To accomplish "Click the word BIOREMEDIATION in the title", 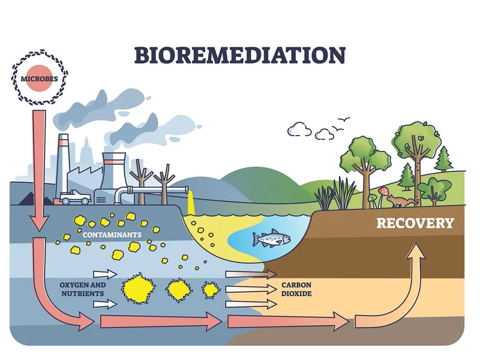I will [x=239, y=55].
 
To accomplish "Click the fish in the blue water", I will [x=272, y=239].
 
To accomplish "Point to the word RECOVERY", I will [x=415, y=223].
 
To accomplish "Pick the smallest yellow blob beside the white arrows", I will [x=211, y=290].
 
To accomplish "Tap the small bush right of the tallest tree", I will [x=434, y=190].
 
